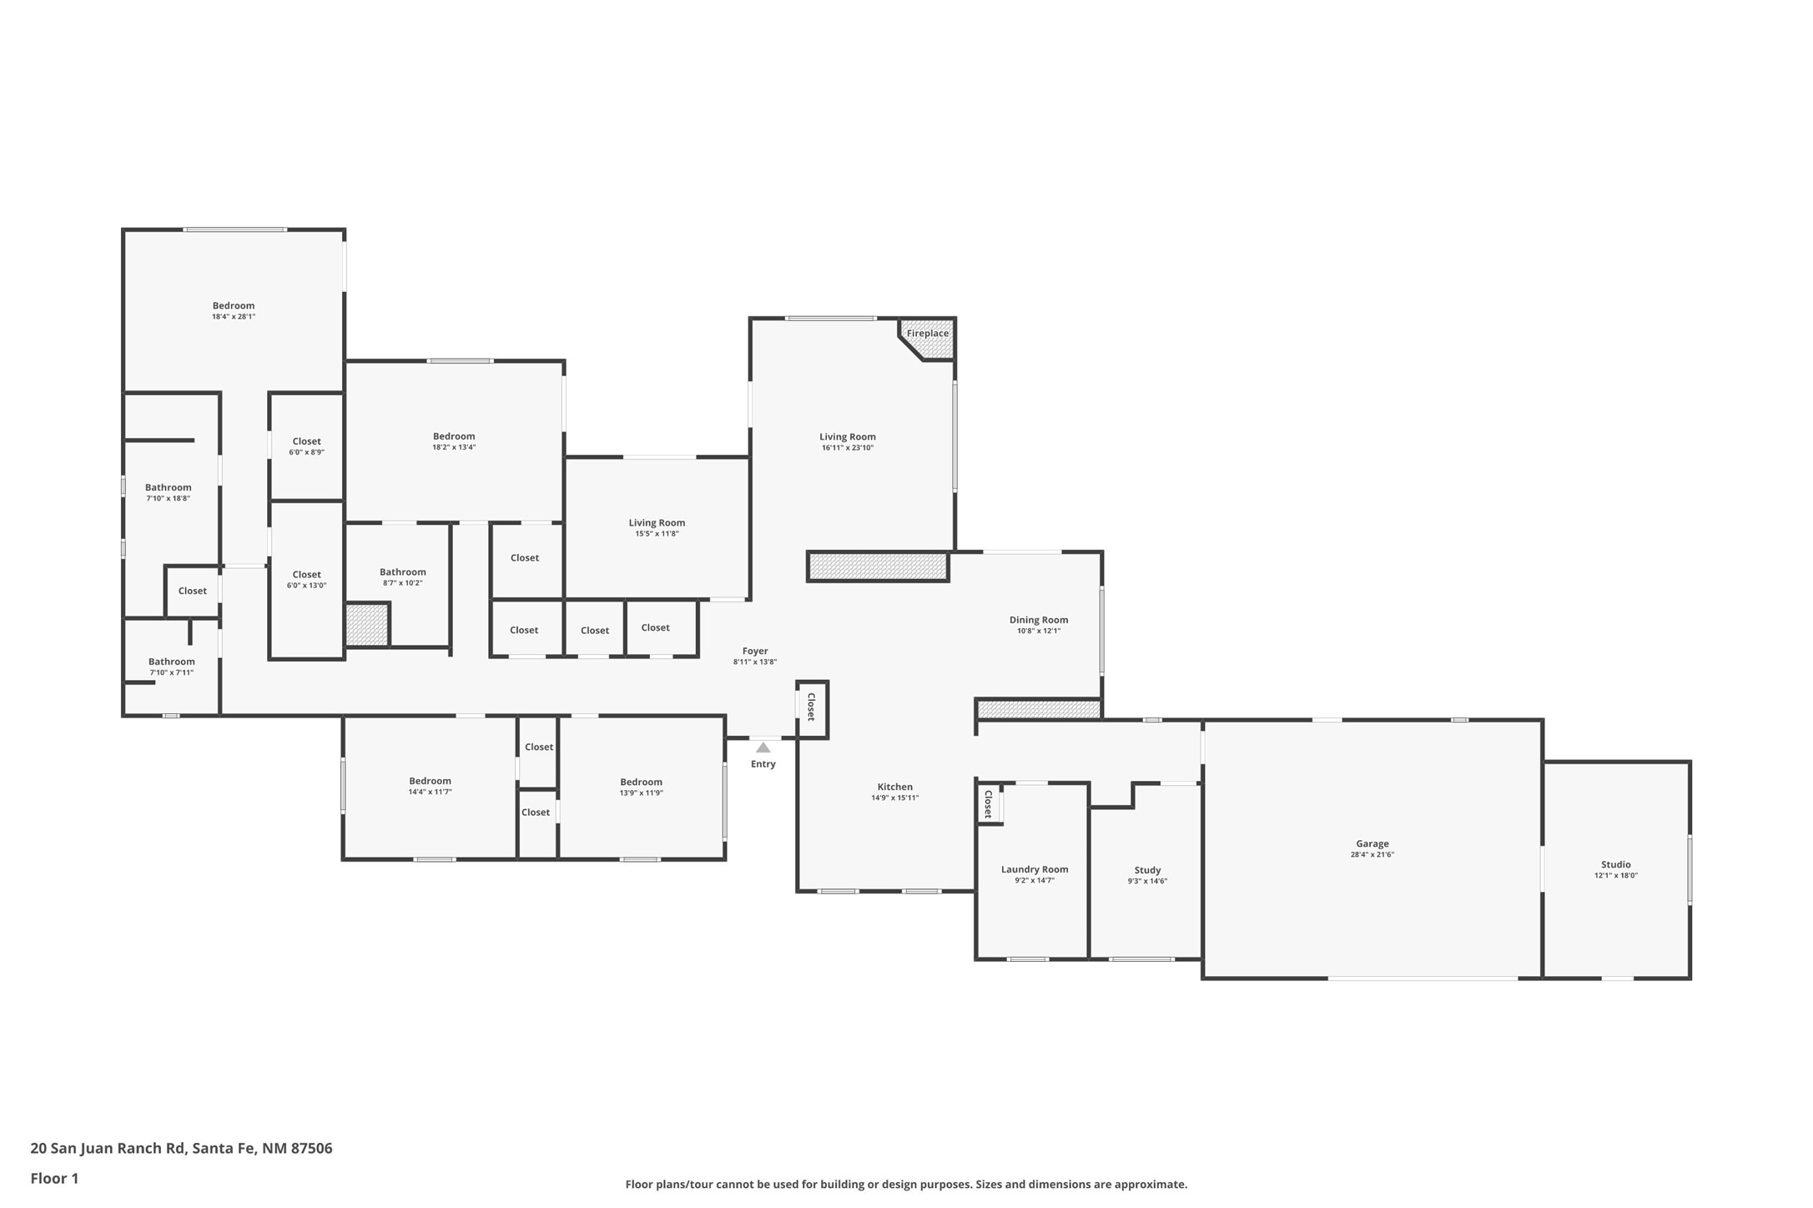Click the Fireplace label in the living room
927,334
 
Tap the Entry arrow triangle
763,747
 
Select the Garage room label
1372,843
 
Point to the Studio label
1615,864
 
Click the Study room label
1147,870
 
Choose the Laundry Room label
1035,869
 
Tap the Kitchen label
895,787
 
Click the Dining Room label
1039,620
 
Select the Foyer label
755,651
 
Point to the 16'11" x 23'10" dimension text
848,448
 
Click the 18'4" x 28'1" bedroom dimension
234,317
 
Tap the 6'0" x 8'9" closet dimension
306,452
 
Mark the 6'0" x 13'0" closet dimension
306,586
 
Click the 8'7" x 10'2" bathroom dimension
403,583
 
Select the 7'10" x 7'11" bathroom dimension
172,672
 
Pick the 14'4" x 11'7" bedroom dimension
430,792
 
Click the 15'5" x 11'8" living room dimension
657,534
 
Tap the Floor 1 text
54,1178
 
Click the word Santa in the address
211,1148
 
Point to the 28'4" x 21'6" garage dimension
1372,854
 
